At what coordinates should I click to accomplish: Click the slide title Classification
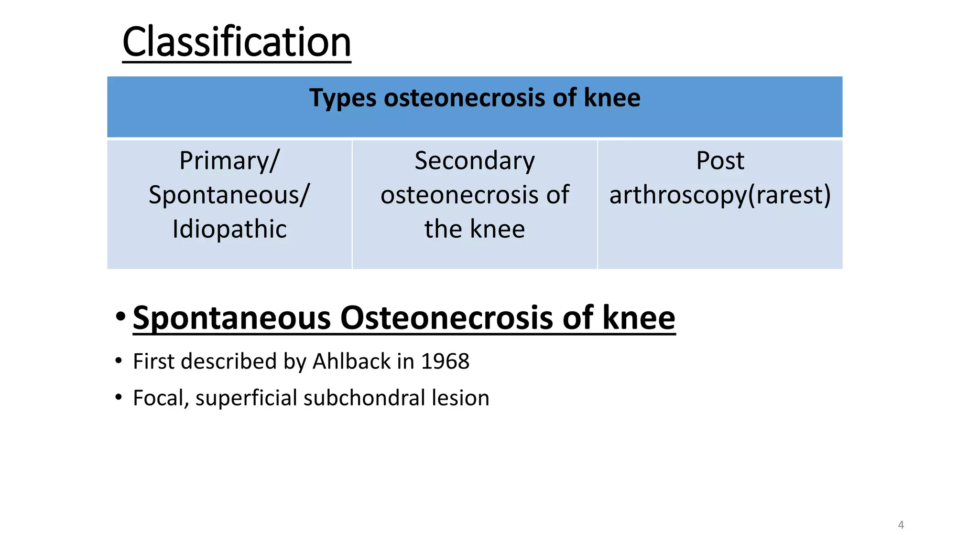pos(237,42)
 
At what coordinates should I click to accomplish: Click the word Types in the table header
pos(343,98)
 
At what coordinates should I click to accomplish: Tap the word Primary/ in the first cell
pos(229,161)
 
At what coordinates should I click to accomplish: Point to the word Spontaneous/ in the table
pos(229,195)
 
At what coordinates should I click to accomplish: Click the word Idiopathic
pos(229,229)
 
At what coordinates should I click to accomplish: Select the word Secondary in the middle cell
pos(474,161)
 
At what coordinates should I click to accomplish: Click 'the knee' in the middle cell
pos(474,229)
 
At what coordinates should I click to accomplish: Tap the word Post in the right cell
pos(720,161)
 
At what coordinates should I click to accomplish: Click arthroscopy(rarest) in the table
pos(720,195)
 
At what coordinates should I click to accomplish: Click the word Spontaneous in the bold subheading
pos(232,318)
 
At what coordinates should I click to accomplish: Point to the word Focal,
pos(161,398)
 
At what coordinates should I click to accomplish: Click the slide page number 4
pos(901,525)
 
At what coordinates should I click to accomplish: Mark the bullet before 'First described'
pos(119,361)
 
